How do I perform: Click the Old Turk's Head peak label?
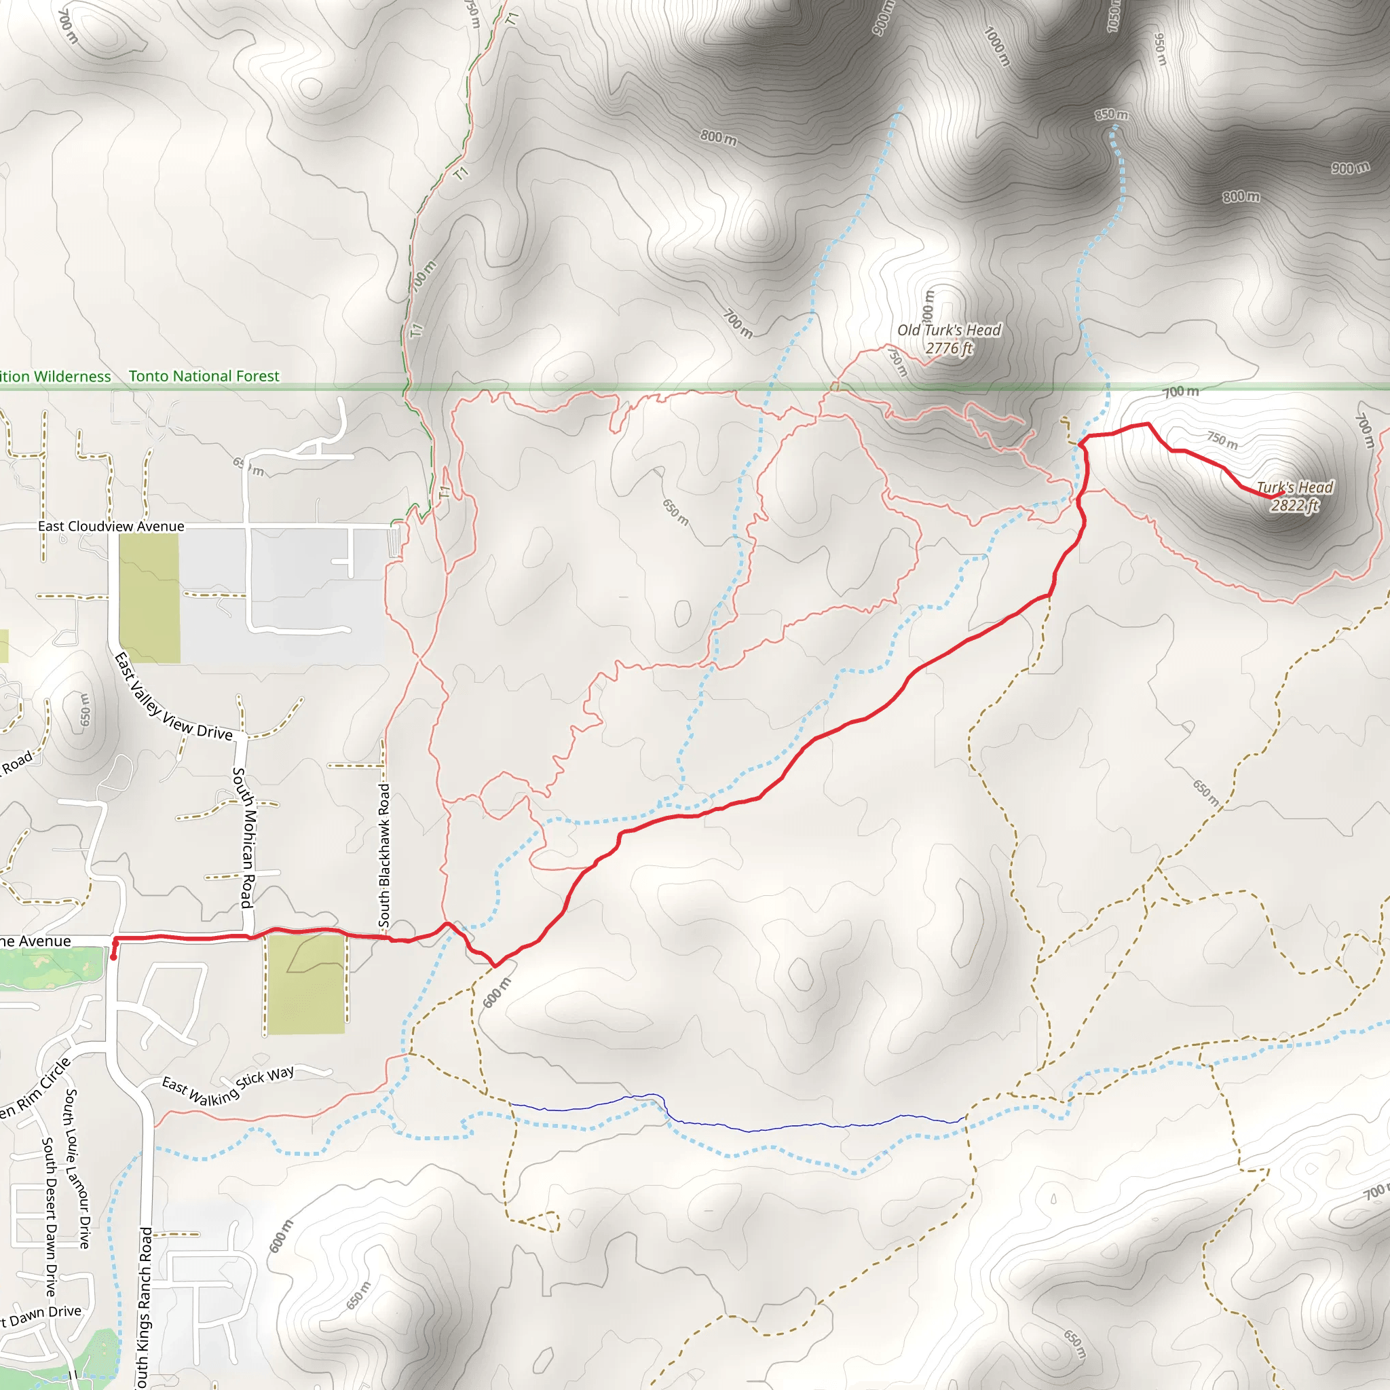pos(948,339)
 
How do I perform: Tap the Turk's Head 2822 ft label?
pos(1294,496)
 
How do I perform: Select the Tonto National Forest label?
pos(204,375)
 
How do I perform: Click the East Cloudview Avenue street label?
pos(111,526)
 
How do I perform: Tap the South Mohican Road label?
pos(243,838)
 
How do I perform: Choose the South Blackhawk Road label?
pos(385,855)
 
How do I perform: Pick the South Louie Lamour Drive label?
pos(77,1169)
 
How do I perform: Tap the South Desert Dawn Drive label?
pos(49,1216)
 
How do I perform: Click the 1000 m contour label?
pos(996,46)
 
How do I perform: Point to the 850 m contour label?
pos(1112,115)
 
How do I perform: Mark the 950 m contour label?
pos(1159,48)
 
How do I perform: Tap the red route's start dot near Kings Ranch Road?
pos(113,957)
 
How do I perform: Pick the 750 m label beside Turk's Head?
pos(1222,440)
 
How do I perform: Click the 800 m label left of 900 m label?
pos(1241,196)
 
